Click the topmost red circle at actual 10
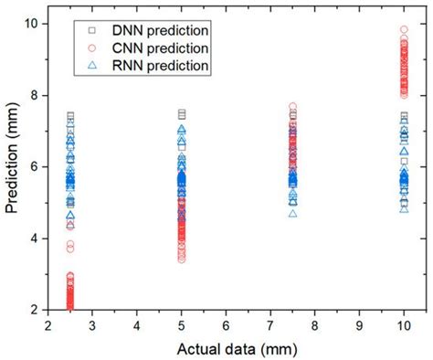(x=404, y=30)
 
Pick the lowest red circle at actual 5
(x=182, y=259)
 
